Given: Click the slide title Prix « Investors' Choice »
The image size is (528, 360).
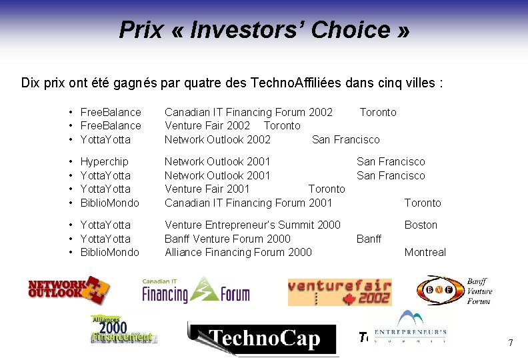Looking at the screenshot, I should pos(264,29).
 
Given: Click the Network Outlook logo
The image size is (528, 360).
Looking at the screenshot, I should pos(69,289).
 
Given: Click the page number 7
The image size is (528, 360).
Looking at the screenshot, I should pos(510,343).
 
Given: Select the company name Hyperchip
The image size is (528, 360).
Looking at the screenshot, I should pos(104,161).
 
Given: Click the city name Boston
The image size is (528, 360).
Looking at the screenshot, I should pos(421,225).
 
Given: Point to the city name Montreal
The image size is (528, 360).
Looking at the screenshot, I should pos(425,252).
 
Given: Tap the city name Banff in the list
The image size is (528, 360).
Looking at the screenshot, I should pos(369,239).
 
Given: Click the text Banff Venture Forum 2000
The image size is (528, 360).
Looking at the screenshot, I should pos(227,239).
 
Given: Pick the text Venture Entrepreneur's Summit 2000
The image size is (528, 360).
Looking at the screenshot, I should pos(252,225).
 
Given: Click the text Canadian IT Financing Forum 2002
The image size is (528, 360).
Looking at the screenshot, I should pos(248,112).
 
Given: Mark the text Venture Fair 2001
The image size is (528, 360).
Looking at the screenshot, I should pos(207,189).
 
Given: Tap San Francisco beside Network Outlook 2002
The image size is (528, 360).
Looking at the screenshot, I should pos(345,139).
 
